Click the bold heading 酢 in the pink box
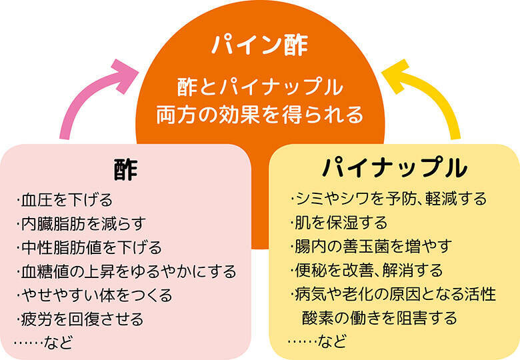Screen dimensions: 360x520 [126, 169]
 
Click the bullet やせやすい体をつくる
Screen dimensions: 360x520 [94, 295]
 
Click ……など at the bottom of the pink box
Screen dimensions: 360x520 [43, 342]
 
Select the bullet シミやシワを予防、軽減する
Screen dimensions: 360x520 [389, 199]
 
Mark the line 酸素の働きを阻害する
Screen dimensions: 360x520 [381, 318]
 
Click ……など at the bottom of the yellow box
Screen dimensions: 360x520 [317, 342]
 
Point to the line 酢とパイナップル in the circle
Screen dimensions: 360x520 [260, 87]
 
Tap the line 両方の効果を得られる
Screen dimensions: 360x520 [260, 114]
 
